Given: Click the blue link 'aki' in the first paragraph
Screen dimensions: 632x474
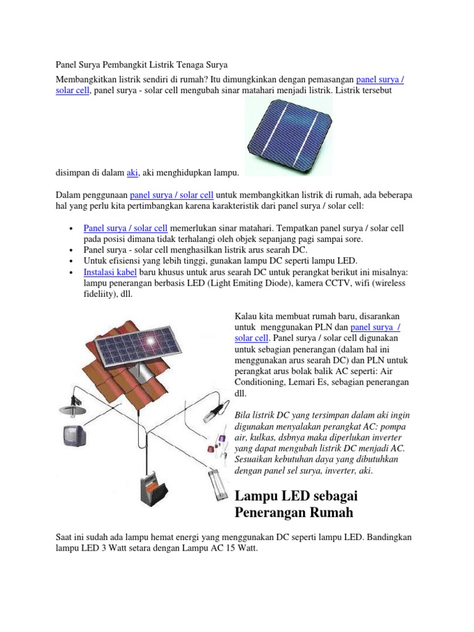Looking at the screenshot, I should pyautogui.click(x=132, y=173).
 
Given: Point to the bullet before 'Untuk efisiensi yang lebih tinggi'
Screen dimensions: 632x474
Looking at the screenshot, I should pyautogui.click(x=72, y=262).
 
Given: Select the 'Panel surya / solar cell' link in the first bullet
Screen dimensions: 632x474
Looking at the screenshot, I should pyautogui.click(x=125, y=228).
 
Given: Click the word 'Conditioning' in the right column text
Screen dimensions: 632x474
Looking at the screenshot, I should pyautogui.click(x=262, y=383).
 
